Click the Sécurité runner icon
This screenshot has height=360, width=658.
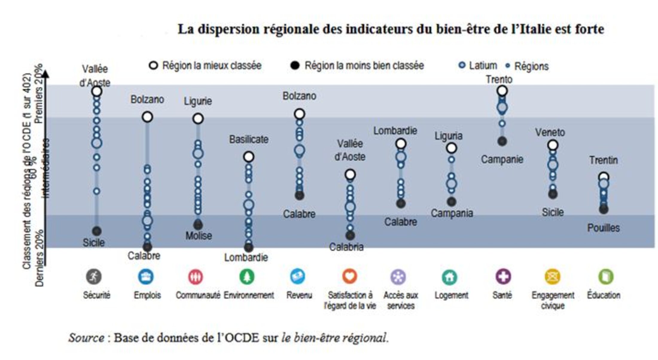click(x=94, y=277)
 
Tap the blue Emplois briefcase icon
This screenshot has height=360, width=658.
click(x=146, y=277)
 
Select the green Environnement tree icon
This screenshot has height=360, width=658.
click(x=247, y=277)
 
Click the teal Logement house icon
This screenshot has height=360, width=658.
click(x=450, y=277)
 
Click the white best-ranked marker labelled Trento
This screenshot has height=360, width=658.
click(x=502, y=91)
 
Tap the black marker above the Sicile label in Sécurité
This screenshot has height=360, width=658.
click(x=97, y=231)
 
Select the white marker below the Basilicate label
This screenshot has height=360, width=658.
click(x=249, y=157)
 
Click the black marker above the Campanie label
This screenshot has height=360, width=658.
click(x=502, y=141)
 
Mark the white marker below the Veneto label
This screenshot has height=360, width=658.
click(x=553, y=145)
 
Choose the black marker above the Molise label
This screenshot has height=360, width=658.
click(x=198, y=225)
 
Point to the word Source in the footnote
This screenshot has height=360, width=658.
click(x=86, y=338)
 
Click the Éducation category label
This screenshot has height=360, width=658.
click(x=604, y=295)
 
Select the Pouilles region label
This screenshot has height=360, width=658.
click(x=603, y=228)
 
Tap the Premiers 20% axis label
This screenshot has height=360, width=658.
click(x=39, y=94)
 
